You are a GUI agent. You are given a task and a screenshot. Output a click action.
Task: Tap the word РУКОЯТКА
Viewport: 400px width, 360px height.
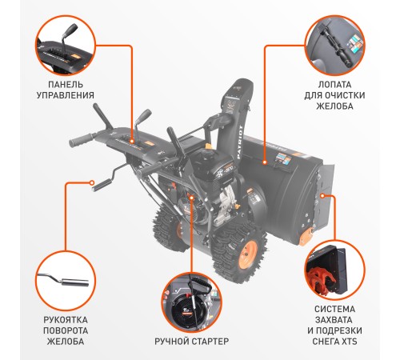coord(66,318)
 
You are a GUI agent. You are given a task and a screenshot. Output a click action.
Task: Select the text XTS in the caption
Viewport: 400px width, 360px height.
coord(350,342)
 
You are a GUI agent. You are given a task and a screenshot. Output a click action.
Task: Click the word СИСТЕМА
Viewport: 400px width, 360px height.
coord(334,306)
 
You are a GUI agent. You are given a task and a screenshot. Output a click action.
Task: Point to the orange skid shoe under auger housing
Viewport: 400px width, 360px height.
coord(305,236)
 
